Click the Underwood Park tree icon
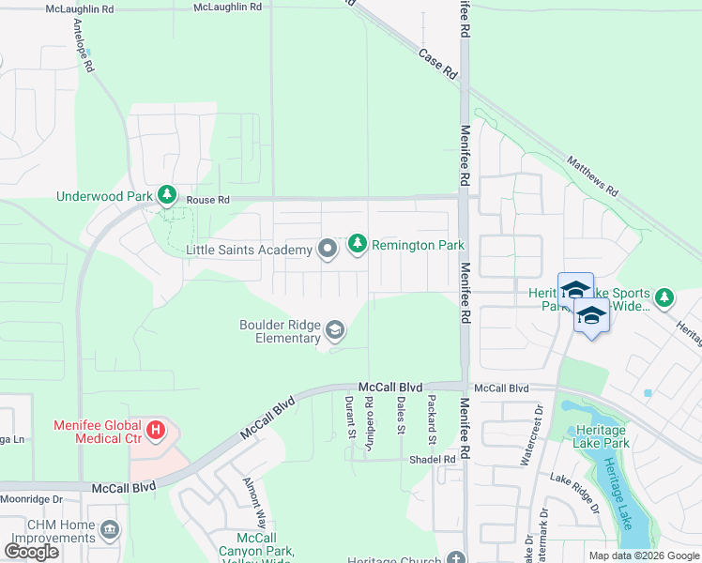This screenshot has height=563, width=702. [x=167, y=195]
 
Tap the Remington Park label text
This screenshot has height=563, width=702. [x=418, y=245]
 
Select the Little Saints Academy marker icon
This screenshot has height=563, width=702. [x=328, y=249]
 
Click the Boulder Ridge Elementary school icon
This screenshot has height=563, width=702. [x=335, y=330]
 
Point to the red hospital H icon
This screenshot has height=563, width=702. [x=157, y=433]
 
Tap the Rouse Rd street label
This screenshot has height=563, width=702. [x=207, y=200]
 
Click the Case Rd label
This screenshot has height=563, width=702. [x=437, y=62]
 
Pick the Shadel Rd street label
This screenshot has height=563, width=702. [x=432, y=459]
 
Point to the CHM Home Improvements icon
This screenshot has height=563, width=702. [x=110, y=532]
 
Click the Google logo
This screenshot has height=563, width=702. [x=32, y=552]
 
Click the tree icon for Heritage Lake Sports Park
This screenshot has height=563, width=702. [x=664, y=297]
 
